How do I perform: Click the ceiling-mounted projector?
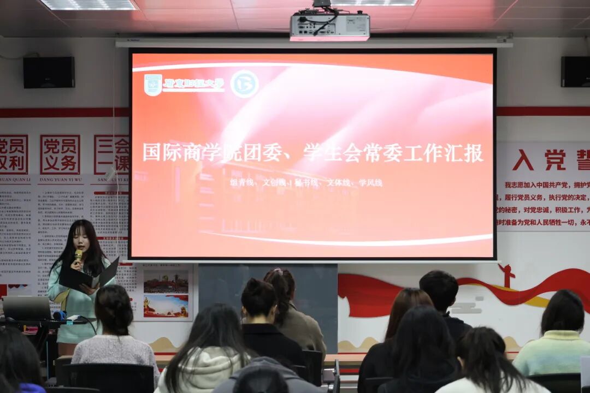click(329, 26)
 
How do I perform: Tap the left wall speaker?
click(49, 72)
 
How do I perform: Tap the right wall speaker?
click(575, 72)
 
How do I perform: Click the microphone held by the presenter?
click(78, 255)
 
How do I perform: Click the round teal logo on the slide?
click(244, 84)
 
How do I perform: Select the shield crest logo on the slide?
click(153, 85)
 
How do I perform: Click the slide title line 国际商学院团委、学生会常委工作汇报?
click(312, 153)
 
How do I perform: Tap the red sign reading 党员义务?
click(60, 154)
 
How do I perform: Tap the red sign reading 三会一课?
click(111, 154)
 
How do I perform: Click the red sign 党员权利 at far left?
click(13, 154)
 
